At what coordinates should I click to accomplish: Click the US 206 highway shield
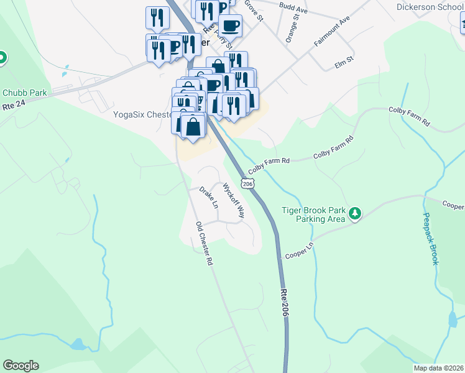[248, 184]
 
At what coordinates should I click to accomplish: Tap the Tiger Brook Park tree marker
[355, 214]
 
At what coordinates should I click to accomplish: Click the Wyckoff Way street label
[234, 200]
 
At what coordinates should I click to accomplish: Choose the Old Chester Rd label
[205, 244]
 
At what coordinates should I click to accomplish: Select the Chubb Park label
[25, 93]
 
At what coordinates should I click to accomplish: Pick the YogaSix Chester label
[142, 114]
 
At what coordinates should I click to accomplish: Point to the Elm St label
[344, 60]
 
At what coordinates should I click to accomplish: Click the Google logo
[21, 366]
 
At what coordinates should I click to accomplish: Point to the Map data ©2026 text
[438, 368]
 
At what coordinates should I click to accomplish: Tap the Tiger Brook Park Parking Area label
[313, 214]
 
